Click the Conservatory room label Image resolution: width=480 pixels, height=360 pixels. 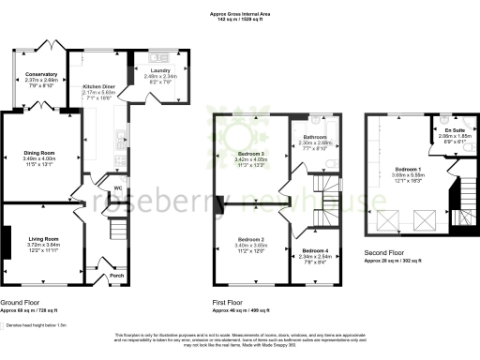tap(41, 74)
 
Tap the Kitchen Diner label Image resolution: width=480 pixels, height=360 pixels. tap(99, 86)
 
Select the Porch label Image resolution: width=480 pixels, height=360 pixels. tap(116, 276)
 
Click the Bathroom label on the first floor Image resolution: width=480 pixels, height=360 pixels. tap(310, 136)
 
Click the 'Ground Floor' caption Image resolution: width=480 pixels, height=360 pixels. tap(21, 304)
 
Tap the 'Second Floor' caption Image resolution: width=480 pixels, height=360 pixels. tap(385, 254)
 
